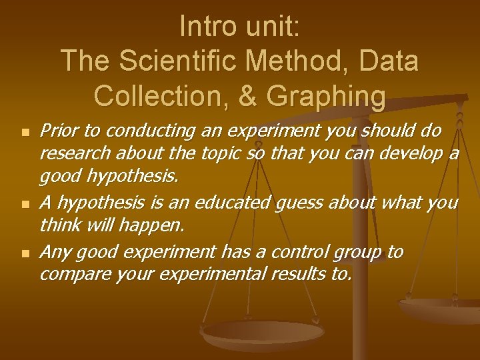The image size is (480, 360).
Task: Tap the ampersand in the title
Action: point(247,95)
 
